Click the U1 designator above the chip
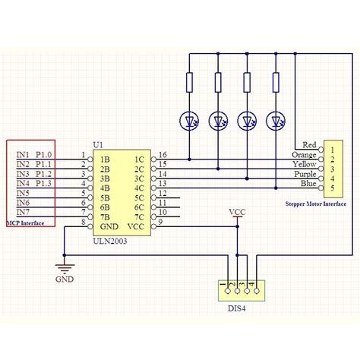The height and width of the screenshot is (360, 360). click(97, 144)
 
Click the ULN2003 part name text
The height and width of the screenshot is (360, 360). click(110, 241)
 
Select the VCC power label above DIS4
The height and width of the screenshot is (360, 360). click(238, 212)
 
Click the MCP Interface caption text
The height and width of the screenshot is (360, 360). click(24, 223)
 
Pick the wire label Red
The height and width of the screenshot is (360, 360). click(309, 145)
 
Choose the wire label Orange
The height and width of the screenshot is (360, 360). click(305, 155)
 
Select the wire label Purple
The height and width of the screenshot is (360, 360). click(305, 174)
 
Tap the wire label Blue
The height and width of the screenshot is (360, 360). click(308, 184)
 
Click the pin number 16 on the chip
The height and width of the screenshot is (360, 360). click(163, 155)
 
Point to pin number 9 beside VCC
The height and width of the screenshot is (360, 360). click(161, 222)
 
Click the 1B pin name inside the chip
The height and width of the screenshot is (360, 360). click(103, 159)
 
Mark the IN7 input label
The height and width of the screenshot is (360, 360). click(24, 212)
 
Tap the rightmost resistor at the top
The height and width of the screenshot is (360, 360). click(275, 82)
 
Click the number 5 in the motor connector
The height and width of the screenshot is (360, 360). click(332, 188)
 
